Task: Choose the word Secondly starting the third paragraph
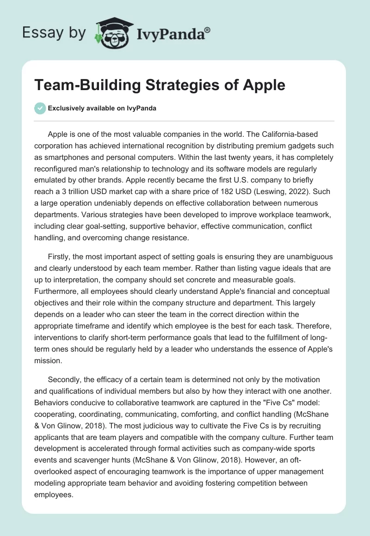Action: (65, 379)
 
